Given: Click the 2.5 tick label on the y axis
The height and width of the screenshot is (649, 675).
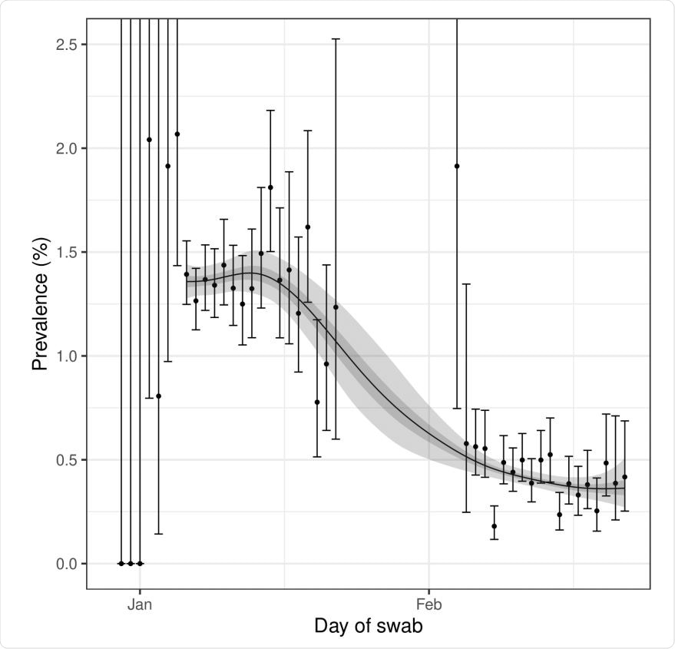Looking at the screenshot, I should [x=67, y=45].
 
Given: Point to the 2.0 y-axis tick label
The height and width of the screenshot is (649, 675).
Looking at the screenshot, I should [x=67, y=148].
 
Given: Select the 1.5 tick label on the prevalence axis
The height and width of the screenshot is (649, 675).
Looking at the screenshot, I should [x=67, y=252].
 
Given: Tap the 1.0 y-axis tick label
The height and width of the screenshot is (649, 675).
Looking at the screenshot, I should [x=67, y=356].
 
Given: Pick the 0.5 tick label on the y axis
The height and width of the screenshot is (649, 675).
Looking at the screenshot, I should [x=67, y=460].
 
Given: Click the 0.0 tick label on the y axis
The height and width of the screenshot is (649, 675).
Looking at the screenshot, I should [x=67, y=564].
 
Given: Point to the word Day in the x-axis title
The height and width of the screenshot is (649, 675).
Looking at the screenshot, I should [x=331, y=626].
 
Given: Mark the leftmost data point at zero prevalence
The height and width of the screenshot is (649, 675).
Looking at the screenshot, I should [x=121, y=563].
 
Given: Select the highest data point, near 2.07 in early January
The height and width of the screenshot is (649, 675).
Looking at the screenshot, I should [x=177, y=134].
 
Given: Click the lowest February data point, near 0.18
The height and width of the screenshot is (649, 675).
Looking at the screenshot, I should [x=494, y=526].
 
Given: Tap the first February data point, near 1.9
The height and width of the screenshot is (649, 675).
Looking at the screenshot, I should [x=457, y=166].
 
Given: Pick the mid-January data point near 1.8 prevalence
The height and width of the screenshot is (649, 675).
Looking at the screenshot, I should [x=270, y=187].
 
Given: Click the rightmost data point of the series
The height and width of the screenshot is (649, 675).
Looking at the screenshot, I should [x=624, y=477].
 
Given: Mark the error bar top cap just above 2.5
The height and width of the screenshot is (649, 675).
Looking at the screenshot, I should [x=336, y=38].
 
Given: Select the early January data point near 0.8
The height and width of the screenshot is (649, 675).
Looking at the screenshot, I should [x=158, y=396].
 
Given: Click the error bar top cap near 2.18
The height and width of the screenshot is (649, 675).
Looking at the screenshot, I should [x=270, y=111].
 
